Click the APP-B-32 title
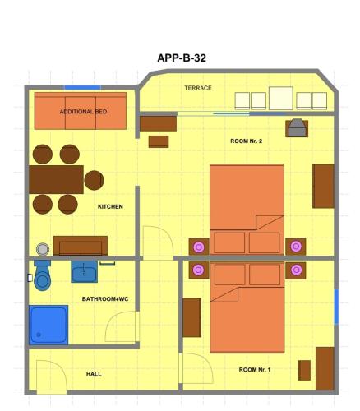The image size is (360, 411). click(182, 58)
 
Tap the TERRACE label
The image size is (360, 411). click(198, 88)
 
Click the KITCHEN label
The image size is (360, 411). click(110, 206)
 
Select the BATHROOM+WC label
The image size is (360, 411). click(105, 299)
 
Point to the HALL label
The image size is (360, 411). click(94, 374)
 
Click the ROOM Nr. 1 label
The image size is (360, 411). click(255, 370)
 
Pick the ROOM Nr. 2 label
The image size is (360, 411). click(246, 141)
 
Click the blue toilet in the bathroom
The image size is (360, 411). click(42, 275)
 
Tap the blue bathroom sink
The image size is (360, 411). click(85, 271)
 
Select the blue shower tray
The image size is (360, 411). click(48, 325)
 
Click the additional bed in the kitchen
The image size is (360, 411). click(81, 111)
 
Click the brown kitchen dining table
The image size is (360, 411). click(56, 179)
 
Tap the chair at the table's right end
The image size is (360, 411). click(94, 180)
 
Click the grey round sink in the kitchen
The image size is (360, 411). click(43, 250)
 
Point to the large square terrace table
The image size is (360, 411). click(281, 98)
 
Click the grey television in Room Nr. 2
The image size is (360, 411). click(297, 128)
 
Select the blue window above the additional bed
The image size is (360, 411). click(82, 88)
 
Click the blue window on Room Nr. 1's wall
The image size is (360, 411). click(336, 307)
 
